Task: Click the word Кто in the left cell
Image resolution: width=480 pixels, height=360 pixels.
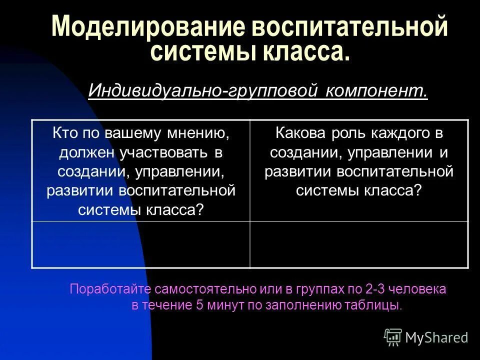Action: pos(64,133)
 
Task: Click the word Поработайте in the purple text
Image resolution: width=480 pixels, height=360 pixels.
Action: pos(110,289)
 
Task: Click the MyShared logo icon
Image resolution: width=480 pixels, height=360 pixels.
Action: pos(393,336)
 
